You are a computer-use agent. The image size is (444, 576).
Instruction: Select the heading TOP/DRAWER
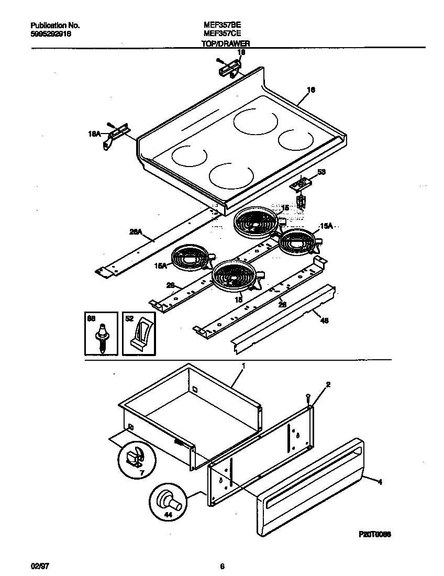point(225,44)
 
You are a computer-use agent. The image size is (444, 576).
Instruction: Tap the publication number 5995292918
point(51,33)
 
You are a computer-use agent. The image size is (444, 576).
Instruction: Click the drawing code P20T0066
point(374,534)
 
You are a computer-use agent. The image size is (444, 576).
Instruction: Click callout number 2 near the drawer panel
point(328,384)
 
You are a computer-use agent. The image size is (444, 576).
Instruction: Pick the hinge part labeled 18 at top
point(229,66)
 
